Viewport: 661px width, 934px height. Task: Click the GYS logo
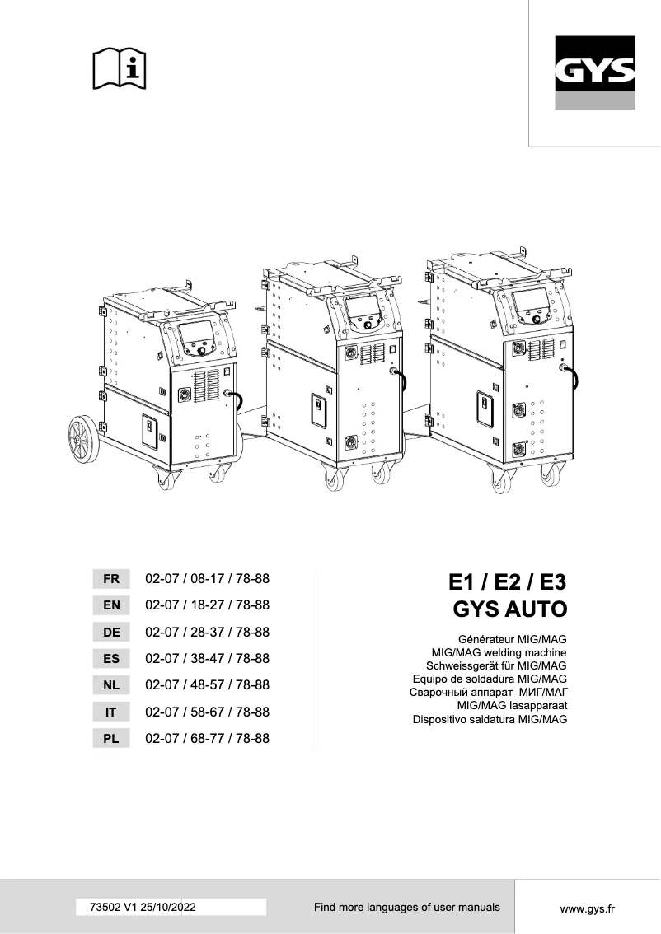tap(594, 73)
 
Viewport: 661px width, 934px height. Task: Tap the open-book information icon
tap(119, 68)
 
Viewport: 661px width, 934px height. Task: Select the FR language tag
tap(111, 579)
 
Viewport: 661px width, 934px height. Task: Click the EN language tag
tap(111, 605)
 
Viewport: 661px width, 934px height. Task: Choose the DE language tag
tap(111, 633)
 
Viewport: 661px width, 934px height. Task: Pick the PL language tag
tap(111, 739)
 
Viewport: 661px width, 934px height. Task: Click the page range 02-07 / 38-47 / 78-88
tap(207, 659)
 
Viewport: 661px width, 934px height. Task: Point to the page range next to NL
tap(207, 685)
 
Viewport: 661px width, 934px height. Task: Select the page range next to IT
tap(207, 712)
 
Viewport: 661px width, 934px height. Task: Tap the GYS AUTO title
tap(511, 610)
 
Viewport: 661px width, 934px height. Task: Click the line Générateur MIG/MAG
tap(513, 639)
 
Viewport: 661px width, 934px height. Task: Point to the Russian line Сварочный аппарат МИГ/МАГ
tap(489, 693)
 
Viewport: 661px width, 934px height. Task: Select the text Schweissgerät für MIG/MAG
tap(495, 665)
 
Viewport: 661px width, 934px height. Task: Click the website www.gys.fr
tap(588, 908)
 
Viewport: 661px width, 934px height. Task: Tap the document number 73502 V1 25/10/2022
tap(137, 907)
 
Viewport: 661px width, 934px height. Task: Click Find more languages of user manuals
tap(406, 907)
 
